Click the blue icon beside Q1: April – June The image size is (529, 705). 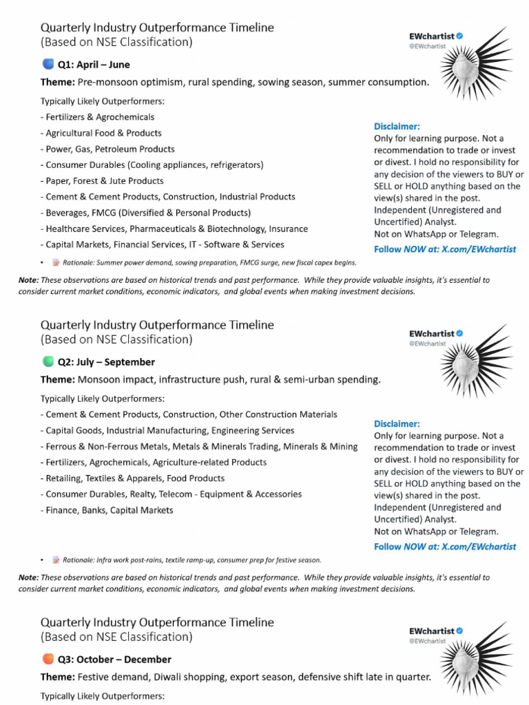pyautogui.click(x=48, y=65)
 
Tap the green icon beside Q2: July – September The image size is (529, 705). pyautogui.click(x=48, y=361)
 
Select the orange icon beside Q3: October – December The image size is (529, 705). pyautogui.click(x=48, y=659)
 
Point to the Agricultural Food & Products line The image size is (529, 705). pyautogui.click(x=101, y=133)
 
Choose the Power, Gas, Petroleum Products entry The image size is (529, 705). pyautogui.click(x=107, y=149)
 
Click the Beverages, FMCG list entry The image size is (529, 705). pyautogui.click(x=145, y=213)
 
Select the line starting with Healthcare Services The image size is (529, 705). pyautogui.click(x=174, y=229)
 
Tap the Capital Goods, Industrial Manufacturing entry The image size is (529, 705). pyautogui.click(x=167, y=430)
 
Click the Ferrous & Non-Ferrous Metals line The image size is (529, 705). pyautogui.click(x=199, y=446)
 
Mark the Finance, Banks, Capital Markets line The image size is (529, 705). pyautogui.click(x=107, y=510)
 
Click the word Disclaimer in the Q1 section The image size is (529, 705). pyautogui.click(x=396, y=127)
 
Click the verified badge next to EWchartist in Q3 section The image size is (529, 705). pyautogui.click(x=459, y=631)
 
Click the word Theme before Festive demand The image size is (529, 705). pyautogui.click(x=57, y=677)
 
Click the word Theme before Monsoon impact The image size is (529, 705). pyautogui.click(x=57, y=379)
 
